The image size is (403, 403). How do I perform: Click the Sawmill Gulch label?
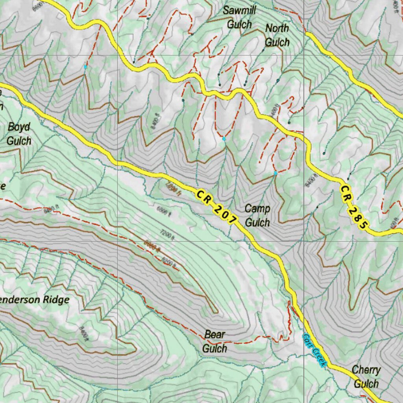tap(239, 17)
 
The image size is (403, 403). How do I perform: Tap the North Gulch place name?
tap(277, 35)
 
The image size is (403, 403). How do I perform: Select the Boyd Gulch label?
tap(19, 134)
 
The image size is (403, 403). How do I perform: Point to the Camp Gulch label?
tap(257, 215)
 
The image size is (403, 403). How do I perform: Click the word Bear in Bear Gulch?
tap(214, 335)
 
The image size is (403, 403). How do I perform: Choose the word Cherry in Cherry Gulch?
tap(366, 370)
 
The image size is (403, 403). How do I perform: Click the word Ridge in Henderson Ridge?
tap(55, 300)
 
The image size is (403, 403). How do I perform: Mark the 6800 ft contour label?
tap(164, 211)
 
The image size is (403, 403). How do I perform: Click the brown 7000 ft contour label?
tap(174, 190)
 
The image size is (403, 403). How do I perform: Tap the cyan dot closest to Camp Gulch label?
tap(275, 173)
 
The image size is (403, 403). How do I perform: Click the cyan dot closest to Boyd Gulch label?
tap(85, 67)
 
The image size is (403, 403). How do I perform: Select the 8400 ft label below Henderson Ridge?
tap(82, 333)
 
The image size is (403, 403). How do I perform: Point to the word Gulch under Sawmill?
tap(239, 24)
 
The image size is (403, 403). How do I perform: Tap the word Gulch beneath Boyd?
tap(19, 140)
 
